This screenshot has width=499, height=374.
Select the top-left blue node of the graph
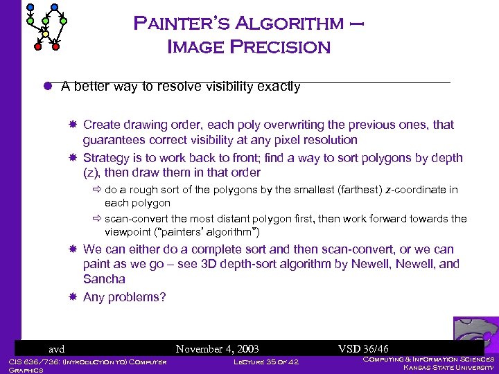tap(28, 7)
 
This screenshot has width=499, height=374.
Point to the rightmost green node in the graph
tap(64, 21)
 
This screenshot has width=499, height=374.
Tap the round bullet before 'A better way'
tap(49, 87)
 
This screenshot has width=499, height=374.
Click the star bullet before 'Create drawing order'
tap(73, 125)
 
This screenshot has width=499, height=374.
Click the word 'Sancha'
tap(104, 279)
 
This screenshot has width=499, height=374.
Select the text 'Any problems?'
tap(125, 297)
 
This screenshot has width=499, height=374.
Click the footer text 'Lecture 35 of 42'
tap(266, 362)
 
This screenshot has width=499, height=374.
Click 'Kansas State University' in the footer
tap(448, 368)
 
